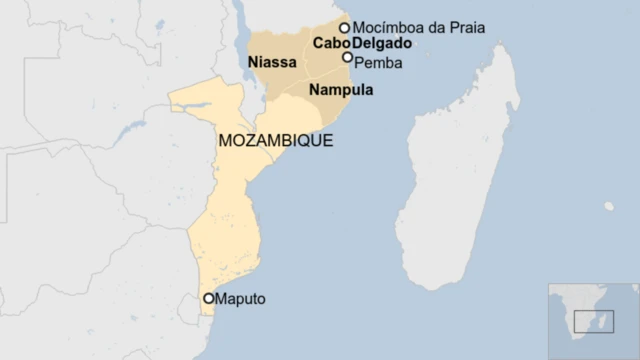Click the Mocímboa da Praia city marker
click(x=345, y=28)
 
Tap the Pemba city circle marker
click(x=348, y=57)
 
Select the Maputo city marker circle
click(x=209, y=298)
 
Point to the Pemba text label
click(x=378, y=62)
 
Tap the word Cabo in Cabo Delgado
click(x=330, y=44)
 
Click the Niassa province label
click(x=272, y=63)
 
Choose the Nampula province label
click(x=341, y=90)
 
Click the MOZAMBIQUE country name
click(x=275, y=141)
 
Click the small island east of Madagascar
click(x=609, y=206)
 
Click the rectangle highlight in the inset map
click(x=600, y=321)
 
